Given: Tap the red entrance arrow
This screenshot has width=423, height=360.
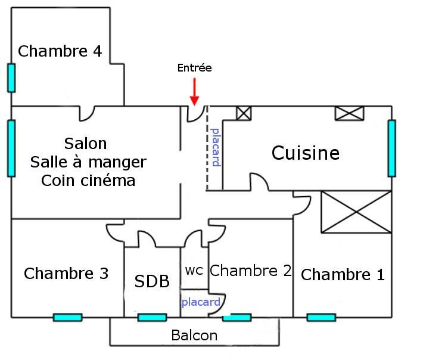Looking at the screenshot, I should coord(194,93).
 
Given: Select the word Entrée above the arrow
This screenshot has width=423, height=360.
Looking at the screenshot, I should coord(194,68).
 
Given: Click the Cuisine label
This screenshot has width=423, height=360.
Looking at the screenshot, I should coord(306,153).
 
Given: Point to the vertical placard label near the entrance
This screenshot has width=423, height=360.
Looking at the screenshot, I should coord(216,147).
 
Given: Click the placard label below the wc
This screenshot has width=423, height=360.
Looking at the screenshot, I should coord(201,302).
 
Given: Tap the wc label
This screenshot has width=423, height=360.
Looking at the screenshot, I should coord(194,270).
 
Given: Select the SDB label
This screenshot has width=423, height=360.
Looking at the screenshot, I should coord(152,281).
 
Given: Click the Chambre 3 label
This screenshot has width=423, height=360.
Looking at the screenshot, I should coord(66,274).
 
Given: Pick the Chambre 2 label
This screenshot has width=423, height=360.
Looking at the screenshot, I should coord(251,271).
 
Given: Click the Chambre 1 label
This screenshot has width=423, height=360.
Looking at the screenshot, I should coord(343,275).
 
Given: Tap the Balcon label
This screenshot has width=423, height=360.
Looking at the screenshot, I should coord(194,335).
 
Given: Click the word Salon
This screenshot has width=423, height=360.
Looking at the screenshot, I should coord(85,144).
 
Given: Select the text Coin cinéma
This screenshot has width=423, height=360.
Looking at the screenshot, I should coord(88,181).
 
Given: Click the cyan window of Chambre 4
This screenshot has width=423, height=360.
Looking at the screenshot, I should coord(11,77).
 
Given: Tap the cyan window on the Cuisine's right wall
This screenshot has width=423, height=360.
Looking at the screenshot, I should coord(391,148).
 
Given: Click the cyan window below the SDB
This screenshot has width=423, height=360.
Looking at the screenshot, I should coord(152,317).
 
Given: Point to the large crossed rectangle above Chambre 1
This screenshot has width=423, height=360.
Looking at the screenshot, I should coord(356,212).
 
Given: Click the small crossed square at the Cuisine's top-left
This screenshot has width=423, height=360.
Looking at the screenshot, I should coord(244,113).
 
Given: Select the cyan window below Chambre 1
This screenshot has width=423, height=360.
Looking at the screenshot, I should coord(321,317).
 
